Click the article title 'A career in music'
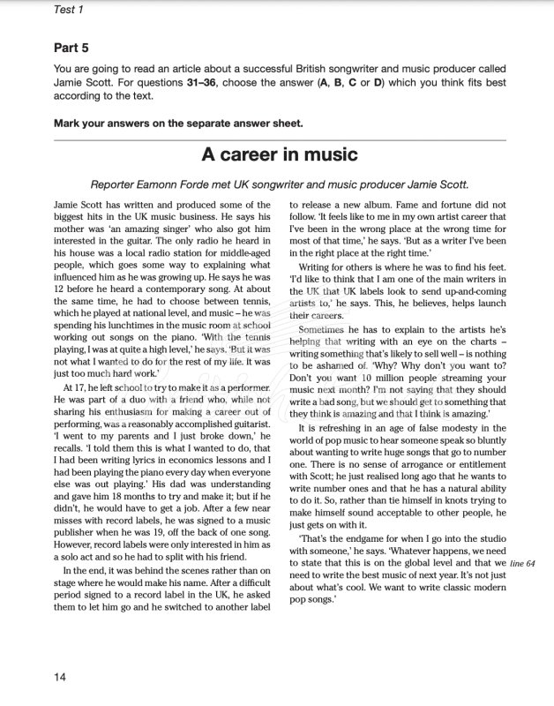pos(279,154)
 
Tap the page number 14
pos(60,677)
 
